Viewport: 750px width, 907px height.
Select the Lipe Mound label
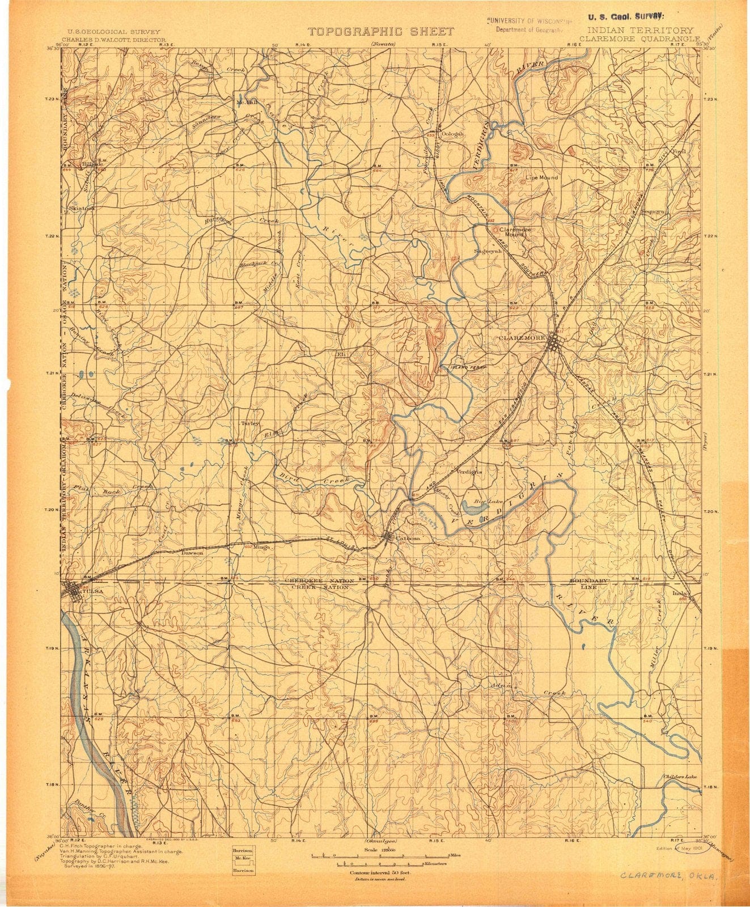tap(542, 177)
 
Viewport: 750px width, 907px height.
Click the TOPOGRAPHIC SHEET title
tap(380, 32)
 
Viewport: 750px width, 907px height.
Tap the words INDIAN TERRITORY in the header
tap(640, 31)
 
